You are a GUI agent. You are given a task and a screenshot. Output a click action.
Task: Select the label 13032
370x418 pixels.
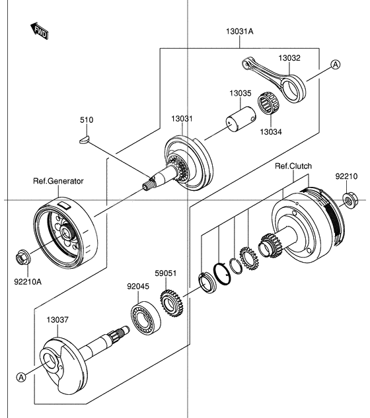click(289, 58)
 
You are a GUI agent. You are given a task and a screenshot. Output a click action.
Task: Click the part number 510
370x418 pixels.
click(87, 120)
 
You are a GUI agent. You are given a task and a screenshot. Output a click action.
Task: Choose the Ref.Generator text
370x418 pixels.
click(58, 180)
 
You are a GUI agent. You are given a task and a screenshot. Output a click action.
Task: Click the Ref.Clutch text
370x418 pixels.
click(293, 166)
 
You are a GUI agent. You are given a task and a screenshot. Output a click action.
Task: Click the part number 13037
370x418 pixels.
click(57, 320)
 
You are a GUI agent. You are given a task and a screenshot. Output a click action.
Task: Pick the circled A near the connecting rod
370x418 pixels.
click(335, 64)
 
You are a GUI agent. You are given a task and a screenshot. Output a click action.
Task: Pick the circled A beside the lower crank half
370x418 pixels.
click(21, 376)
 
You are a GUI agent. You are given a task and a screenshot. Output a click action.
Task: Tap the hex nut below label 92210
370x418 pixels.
click(348, 198)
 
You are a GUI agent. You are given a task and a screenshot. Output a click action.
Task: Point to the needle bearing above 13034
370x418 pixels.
click(268, 103)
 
